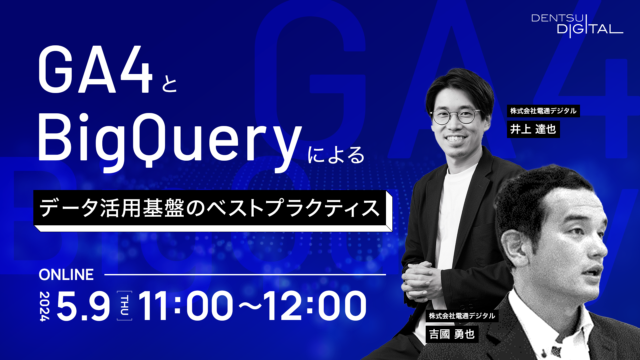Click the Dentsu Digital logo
[577, 25]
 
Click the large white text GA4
[95, 70]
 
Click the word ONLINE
[66, 275]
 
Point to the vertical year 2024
[45, 306]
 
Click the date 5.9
[83, 306]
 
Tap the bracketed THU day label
[124, 306]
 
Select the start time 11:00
[186, 306]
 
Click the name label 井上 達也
[533, 129]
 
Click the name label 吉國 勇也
[452, 334]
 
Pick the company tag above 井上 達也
[543, 111]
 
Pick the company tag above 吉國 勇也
[462, 316]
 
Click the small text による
[336, 155]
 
